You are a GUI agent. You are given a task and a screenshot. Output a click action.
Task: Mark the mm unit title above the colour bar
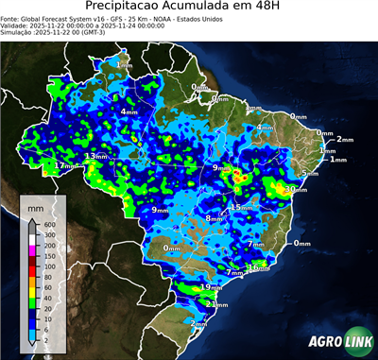tap(35, 205)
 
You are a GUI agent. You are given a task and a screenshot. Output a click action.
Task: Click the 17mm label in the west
tap(62, 166)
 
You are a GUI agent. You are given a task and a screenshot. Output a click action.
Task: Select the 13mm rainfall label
tap(95, 156)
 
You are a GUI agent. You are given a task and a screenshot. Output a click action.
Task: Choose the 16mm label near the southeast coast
tap(258, 268)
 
